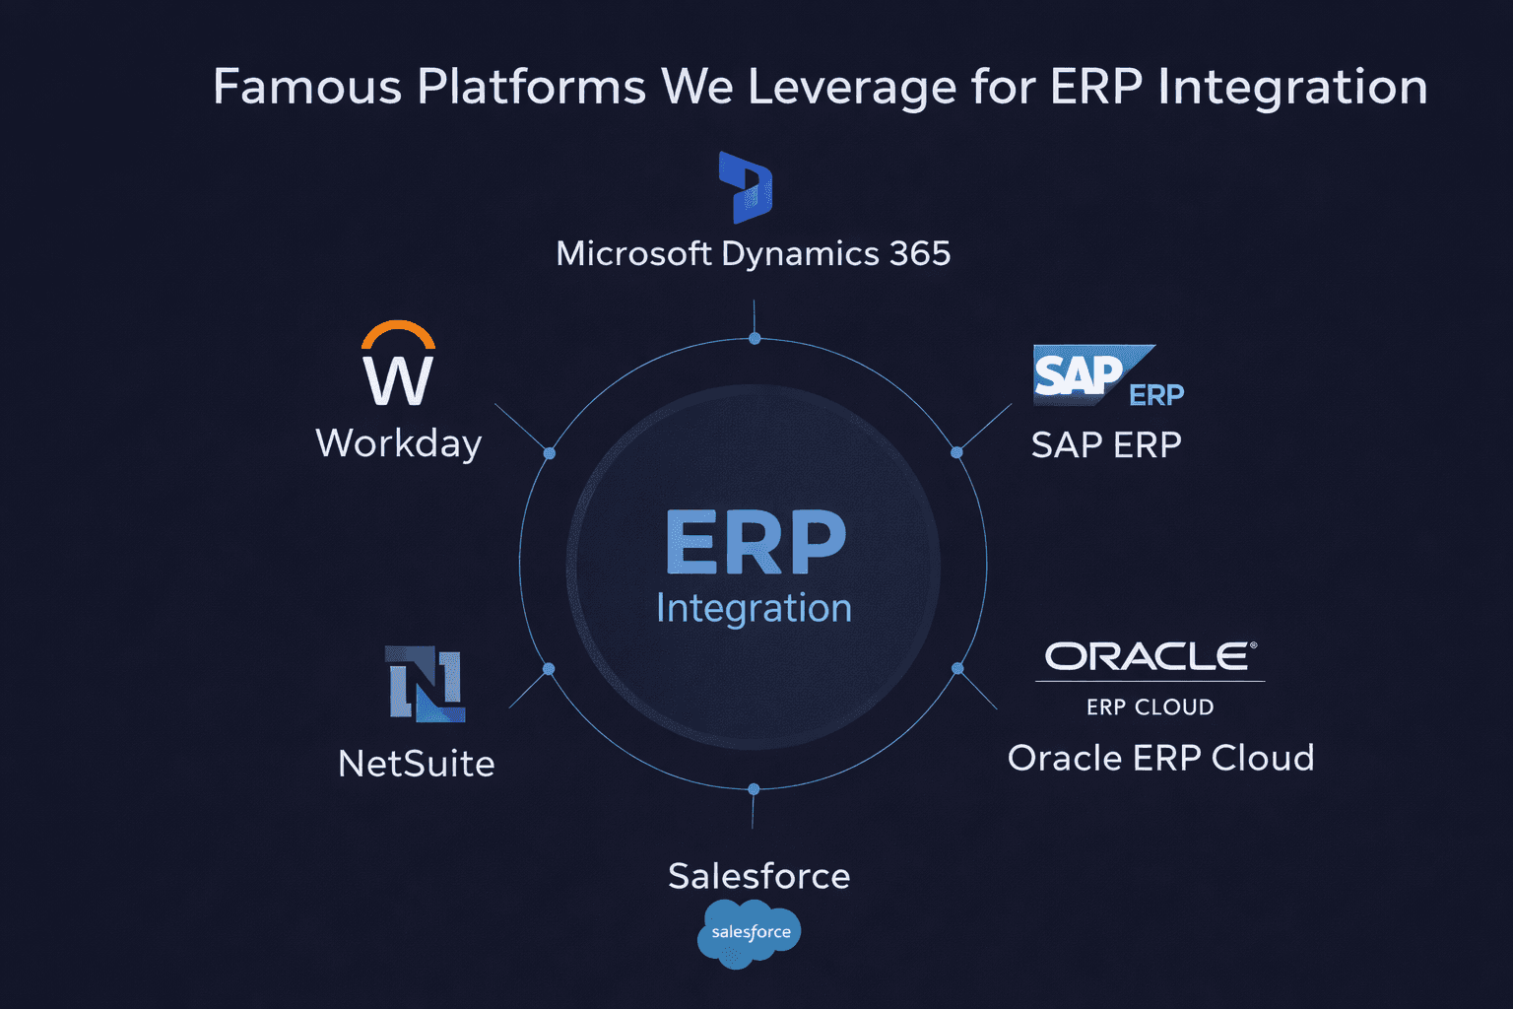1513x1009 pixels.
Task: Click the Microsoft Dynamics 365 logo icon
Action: (746, 187)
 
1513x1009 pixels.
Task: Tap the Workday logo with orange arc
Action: (398, 364)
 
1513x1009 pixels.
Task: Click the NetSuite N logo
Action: (425, 684)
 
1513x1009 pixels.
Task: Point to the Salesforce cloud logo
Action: (749, 932)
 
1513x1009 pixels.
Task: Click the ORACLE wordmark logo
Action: (1150, 656)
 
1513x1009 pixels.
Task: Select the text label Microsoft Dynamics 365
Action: (754, 254)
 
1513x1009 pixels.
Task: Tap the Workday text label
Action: (399, 443)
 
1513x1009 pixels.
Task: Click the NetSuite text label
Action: (416, 764)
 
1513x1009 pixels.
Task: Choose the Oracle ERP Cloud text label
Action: (1160, 758)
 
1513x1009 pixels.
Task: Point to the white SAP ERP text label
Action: (1106, 445)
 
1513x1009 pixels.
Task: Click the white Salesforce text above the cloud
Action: (758, 876)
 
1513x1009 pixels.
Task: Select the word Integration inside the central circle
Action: (754, 608)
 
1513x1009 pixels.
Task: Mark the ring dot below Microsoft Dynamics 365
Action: (755, 339)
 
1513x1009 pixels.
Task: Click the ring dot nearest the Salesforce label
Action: (754, 789)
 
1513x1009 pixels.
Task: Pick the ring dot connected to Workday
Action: (550, 453)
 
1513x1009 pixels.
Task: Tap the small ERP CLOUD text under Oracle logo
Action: (1150, 707)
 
